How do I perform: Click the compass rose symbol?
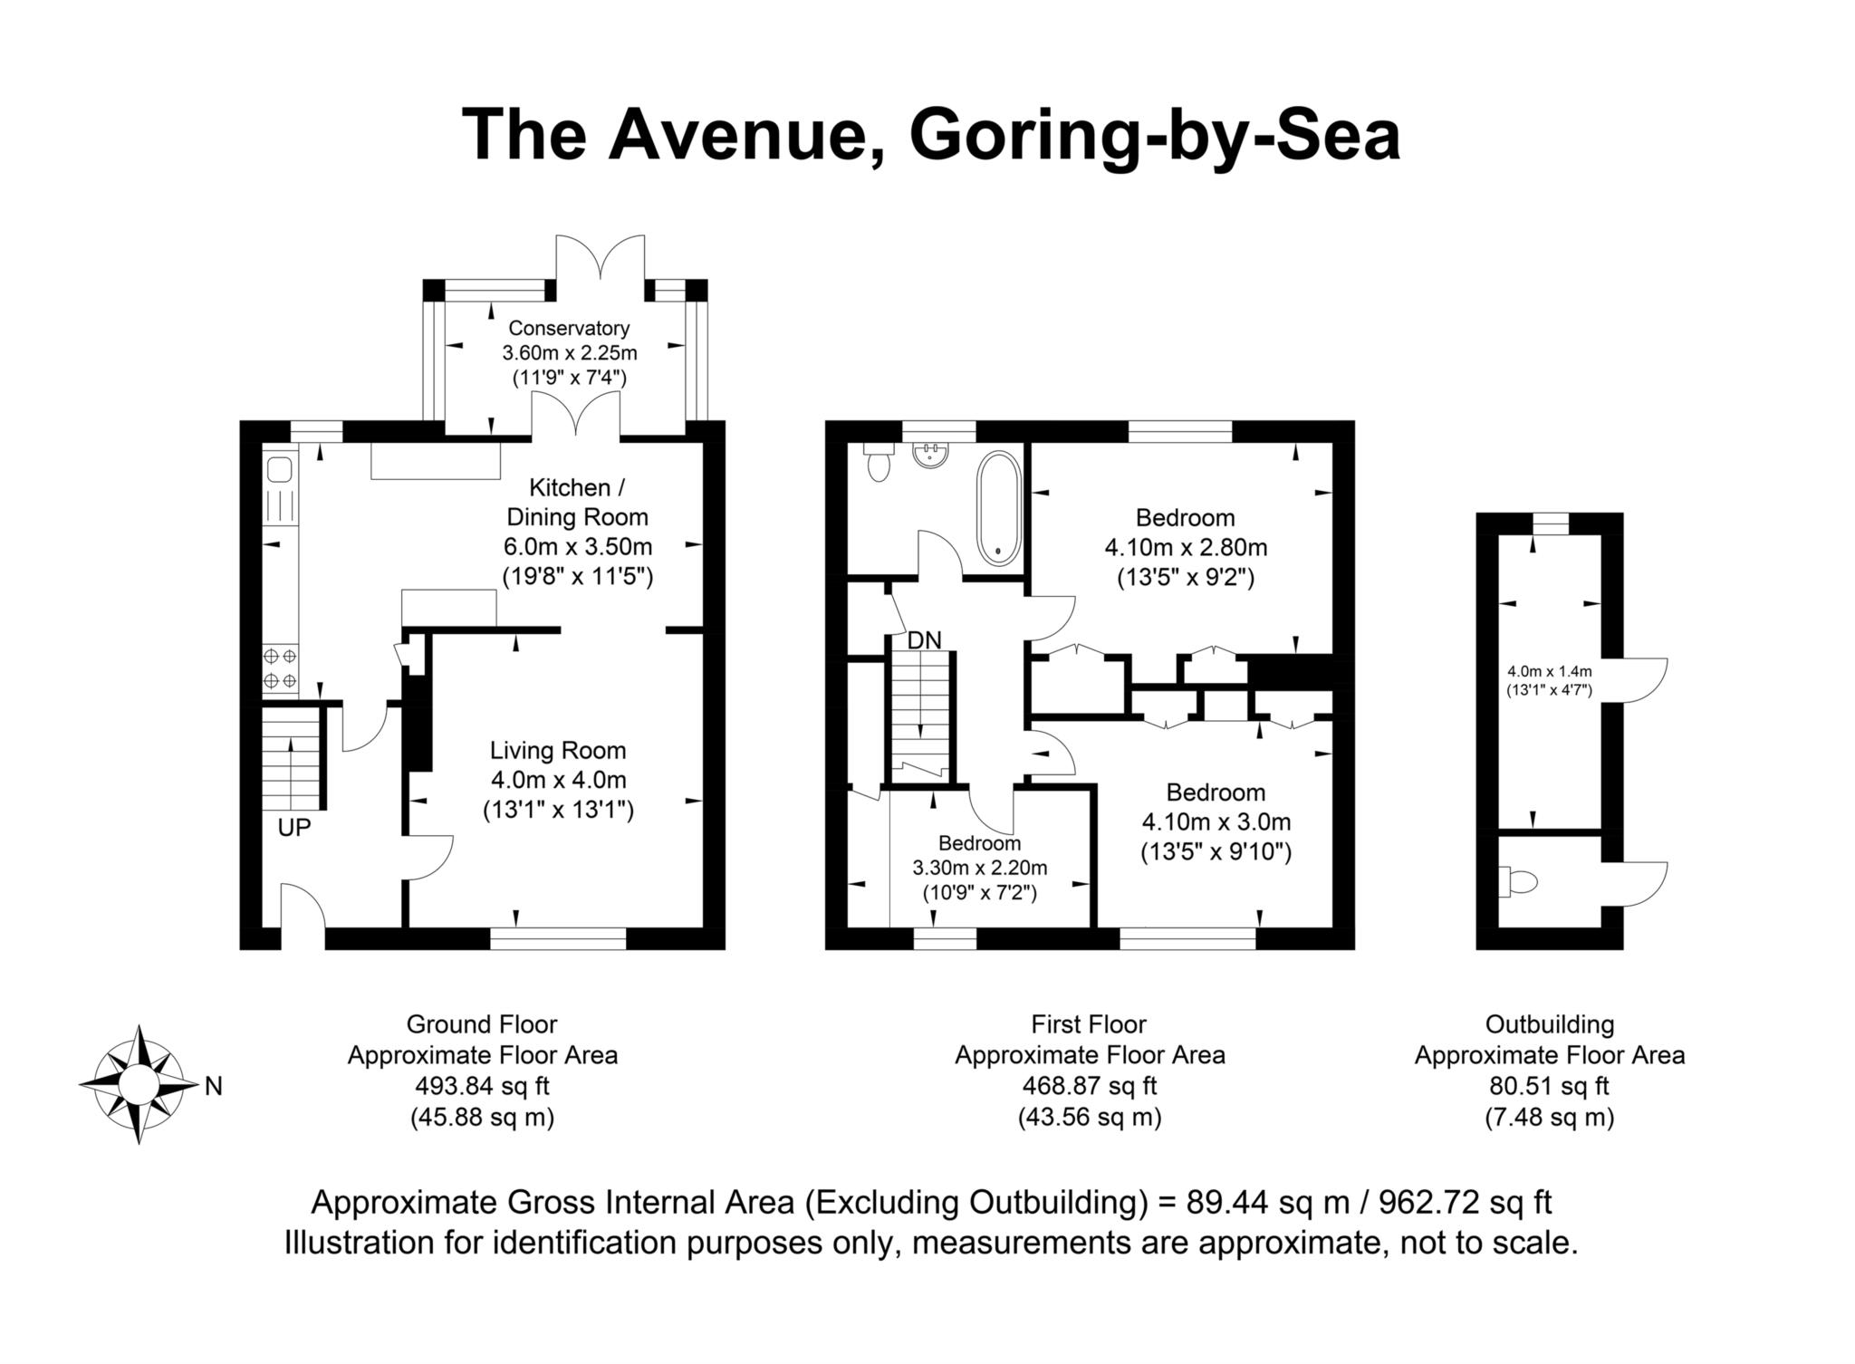coord(138,1084)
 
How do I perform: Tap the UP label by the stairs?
coord(294,827)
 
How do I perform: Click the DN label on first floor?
coord(924,640)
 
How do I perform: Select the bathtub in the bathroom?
coord(998,508)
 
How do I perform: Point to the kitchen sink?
coord(279,470)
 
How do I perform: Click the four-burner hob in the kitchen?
coord(279,668)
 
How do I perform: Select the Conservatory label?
coord(569,328)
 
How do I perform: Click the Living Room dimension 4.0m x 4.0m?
coord(558,780)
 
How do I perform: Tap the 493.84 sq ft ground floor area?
coord(482,1085)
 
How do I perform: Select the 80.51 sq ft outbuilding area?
coord(1549,1085)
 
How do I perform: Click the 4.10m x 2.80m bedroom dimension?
coord(1185,547)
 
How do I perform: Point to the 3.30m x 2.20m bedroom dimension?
coord(979,868)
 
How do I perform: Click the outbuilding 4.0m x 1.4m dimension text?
coord(1549,671)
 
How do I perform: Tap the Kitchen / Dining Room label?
coord(577,503)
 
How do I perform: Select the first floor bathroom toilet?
coord(878,463)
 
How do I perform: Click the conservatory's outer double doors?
coord(601,257)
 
